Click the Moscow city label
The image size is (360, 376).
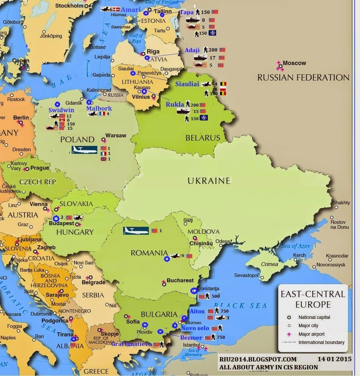click(294, 63)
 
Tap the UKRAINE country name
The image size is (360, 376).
click(209, 181)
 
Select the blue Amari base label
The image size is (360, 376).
click(131, 10)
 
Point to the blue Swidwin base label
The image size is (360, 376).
click(61, 110)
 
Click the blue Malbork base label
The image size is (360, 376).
click(99, 108)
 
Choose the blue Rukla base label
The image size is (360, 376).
click(175, 104)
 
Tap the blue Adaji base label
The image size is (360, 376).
click(192, 50)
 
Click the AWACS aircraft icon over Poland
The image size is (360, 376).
click(84, 150)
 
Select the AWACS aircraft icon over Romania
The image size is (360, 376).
click(136, 230)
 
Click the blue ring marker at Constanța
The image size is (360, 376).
click(194, 291)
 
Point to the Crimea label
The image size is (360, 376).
click(270, 264)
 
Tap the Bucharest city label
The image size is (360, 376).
click(180, 280)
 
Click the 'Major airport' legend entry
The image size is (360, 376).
click(311, 334)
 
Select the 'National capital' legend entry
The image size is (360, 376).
click(314, 317)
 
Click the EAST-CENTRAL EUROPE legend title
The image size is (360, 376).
click(312, 299)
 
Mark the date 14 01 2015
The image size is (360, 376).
click(334, 359)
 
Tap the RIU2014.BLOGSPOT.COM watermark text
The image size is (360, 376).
click(258, 359)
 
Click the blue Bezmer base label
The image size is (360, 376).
click(191, 338)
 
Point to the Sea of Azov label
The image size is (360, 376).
click(296, 246)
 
